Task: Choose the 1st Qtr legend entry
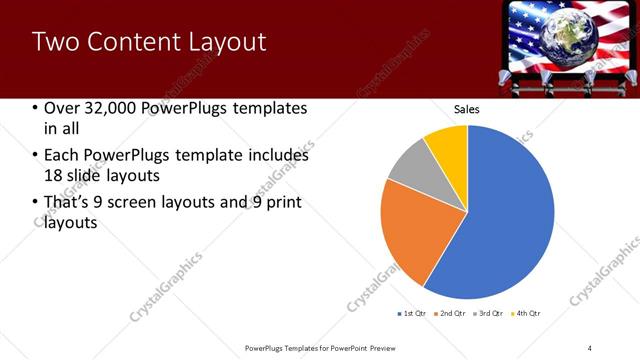tap(414, 313)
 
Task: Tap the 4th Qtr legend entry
tap(528, 313)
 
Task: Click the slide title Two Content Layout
tap(149, 42)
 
